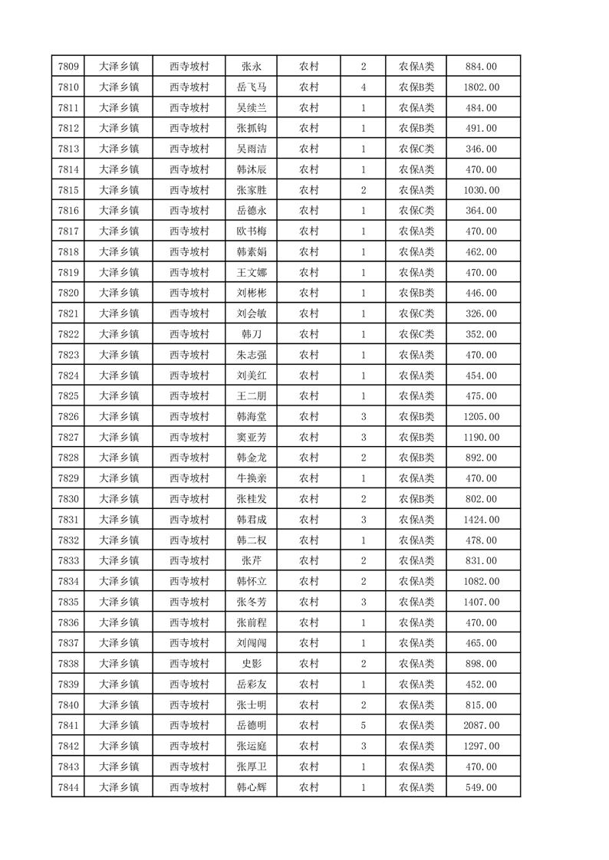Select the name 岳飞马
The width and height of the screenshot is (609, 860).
tap(252, 87)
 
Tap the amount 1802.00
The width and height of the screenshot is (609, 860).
tap(481, 87)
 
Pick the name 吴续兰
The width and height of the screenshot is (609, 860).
tap(252, 108)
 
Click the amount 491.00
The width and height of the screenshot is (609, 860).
tap(481, 129)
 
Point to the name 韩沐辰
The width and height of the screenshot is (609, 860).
tap(252, 169)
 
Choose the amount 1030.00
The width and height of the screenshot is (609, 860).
tap(481, 190)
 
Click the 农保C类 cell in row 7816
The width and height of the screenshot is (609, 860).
tap(416, 211)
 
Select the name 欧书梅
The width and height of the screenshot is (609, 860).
tap(252, 231)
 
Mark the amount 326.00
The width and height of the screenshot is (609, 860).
tap(481, 313)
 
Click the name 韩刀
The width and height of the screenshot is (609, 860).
tap(252, 334)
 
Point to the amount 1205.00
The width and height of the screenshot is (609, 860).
tap(481, 416)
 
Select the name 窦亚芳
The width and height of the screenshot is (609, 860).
tap(252, 437)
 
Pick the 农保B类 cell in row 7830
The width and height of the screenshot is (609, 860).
tap(416, 499)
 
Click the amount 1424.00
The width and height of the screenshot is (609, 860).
tap(481, 520)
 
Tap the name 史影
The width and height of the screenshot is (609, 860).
tap(252, 664)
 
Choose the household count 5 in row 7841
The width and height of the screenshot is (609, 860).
tap(363, 725)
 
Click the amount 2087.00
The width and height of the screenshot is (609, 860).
tap(481, 725)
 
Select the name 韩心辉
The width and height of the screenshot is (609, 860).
tap(252, 787)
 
